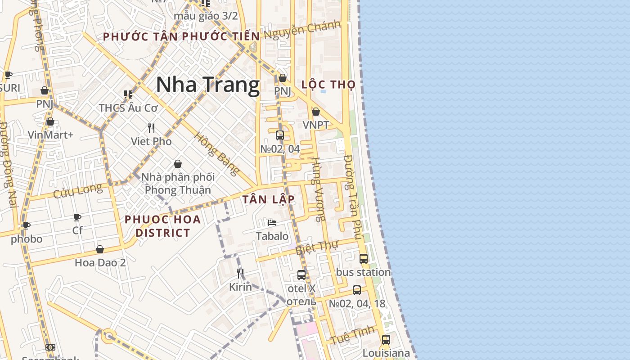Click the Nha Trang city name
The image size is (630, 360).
point(208,85)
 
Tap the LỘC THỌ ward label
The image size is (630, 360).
point(328,85)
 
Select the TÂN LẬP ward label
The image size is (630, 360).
point(269,199)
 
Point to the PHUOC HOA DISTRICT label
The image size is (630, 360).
point(162,226)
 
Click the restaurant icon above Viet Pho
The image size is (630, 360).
point(151,128)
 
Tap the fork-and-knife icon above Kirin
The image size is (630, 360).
point(240,274)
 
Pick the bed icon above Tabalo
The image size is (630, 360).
point(272,222)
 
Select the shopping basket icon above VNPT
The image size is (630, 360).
point(316,112)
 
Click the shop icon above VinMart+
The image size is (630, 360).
point(50,121)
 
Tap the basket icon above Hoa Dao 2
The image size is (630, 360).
point(100,249)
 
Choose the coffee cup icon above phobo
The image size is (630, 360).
point(27,225)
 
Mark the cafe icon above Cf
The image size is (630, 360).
point(77,218)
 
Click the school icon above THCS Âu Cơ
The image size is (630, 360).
point(128,94)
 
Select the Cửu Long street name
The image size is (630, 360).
point(77,191)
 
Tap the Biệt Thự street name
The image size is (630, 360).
point(317,248)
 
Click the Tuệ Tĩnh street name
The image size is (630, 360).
point(352,335)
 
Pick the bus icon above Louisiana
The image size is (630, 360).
point(386,340)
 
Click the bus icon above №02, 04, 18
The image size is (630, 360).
point(357,290)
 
